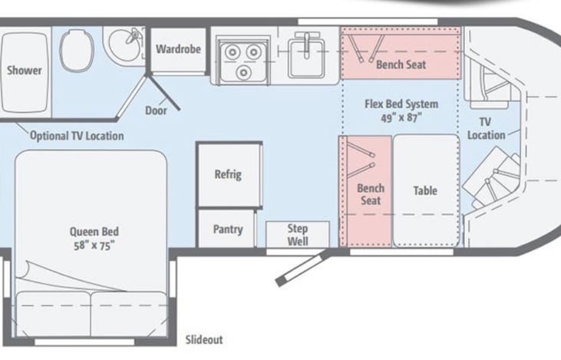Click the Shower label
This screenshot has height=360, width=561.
click(x=25, y=70)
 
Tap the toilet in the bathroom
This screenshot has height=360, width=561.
click(x=77, y=50)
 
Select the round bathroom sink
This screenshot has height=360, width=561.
click(x=124, y=45)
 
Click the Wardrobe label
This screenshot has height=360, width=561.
click(x=178, y=49)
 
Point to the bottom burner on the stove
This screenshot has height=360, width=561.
click(x=243, y=72)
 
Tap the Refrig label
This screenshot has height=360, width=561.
click(x=228, y=175)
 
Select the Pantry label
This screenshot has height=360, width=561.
click(x=228, y=229)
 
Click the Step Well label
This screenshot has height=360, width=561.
click(x=298, y=235)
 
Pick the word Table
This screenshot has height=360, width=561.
click(x=425, y=190)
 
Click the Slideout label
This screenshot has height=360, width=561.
click(x=204, y=339)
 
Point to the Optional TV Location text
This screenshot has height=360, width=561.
click(x=77, y=136)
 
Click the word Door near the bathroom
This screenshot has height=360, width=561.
click(x=156, y=111)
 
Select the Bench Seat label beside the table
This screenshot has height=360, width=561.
click(x=371, y=194)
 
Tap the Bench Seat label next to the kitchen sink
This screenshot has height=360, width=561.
click(x=401, y=64)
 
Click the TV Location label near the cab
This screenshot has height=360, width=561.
click(x=486, y=128)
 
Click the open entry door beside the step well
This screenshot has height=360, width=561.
click(x=302, y=267)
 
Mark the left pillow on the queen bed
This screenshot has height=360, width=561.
click(x=54, y=313)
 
